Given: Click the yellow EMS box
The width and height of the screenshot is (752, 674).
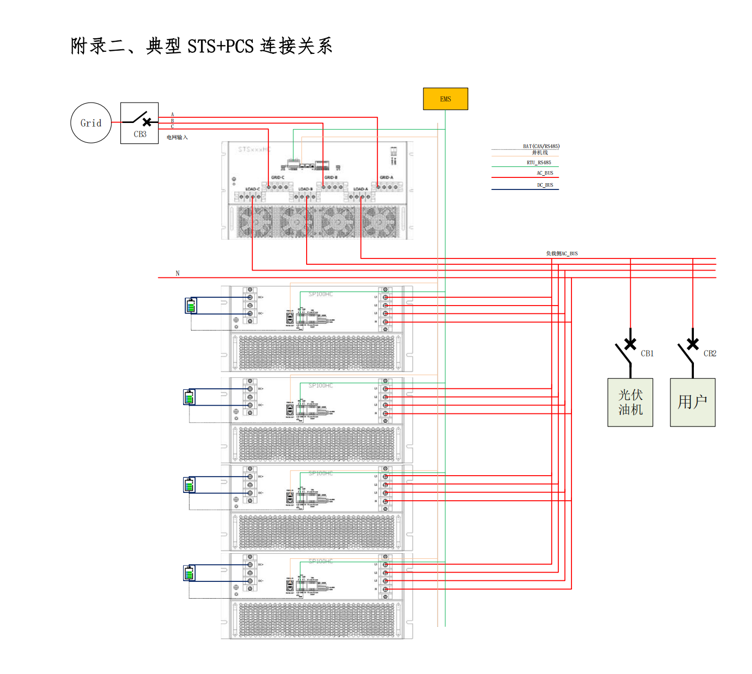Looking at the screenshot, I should [x=445, y=99].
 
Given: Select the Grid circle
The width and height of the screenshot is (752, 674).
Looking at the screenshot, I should [x=91, y=123].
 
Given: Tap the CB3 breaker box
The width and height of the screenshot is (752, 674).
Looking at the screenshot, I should [x=139, y=123].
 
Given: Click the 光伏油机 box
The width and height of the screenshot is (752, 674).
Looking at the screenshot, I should [x=630, y=402].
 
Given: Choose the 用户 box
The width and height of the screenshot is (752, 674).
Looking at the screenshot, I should [x=692, y=402].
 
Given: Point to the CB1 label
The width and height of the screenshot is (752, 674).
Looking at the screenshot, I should [x=647, y=354].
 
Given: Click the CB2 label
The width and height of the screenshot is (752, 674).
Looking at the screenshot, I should [x=710, y=354].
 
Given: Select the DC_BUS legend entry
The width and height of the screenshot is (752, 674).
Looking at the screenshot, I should [x=545, y=185].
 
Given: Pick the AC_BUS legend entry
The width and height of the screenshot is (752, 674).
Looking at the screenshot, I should [x=545, y=173].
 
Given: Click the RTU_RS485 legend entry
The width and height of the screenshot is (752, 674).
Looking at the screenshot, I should [x=539, y=163].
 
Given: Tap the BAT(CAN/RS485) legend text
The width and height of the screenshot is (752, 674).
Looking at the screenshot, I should [x=541, y=147].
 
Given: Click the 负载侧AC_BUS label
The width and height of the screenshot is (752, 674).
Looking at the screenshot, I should [x=562, y=254].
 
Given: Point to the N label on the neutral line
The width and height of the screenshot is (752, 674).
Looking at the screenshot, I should [x=177, y=273].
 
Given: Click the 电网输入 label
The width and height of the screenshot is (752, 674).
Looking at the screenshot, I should [x=177, y=138].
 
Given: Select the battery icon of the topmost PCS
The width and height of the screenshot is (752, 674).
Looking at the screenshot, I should [x=191, y=306].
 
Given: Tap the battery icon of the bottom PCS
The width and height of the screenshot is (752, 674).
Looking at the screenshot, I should [x=189, y=574].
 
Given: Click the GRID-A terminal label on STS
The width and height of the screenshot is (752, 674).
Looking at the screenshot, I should [x=386, y=178].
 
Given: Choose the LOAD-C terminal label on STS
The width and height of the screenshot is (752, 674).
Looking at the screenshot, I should [x=252, y=189].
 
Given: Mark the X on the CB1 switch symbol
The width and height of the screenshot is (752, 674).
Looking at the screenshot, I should [x=631, y=344].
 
